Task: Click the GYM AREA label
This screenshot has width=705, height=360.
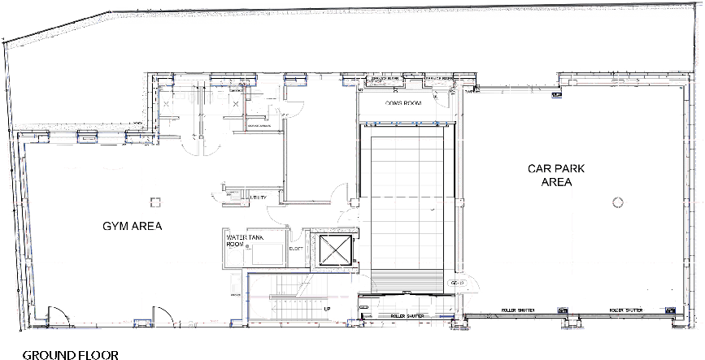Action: coord(132,226)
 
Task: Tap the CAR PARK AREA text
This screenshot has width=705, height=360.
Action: coord(555,176)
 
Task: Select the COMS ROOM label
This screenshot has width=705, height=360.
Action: coord(402,105)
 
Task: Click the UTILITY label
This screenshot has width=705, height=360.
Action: coord(259,197)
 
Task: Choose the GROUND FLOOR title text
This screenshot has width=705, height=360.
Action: coord(70,354)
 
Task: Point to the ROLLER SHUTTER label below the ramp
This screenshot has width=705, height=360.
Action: coord(409,315)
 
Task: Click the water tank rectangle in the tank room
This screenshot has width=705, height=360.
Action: coord(267,254)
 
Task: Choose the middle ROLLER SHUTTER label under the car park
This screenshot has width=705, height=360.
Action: coord(518,310)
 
